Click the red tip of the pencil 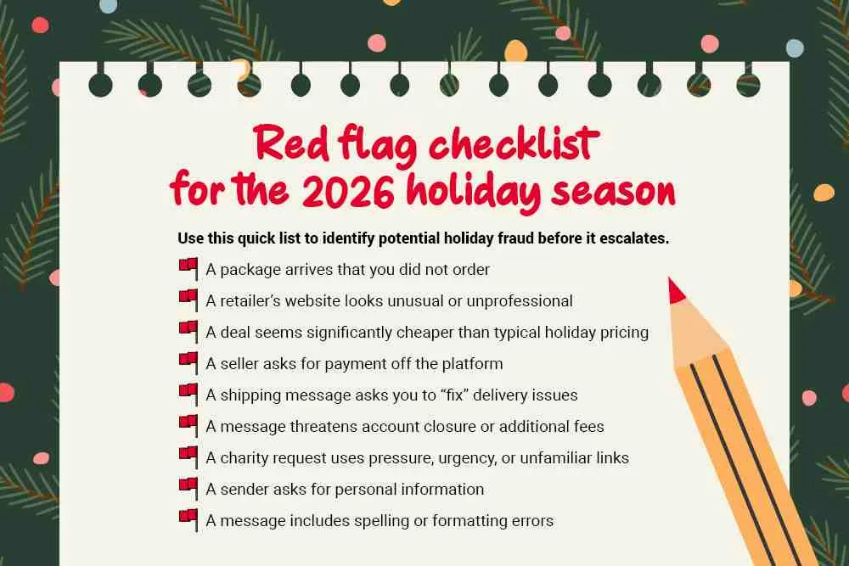tap(676, 291)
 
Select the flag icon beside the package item tap(188, 269)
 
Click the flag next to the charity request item tap(188, 457)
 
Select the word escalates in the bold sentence tap(630, 238)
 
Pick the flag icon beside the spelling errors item tap(188, 520)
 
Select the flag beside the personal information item tap(188, 489)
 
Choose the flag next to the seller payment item tap(188, 363)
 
